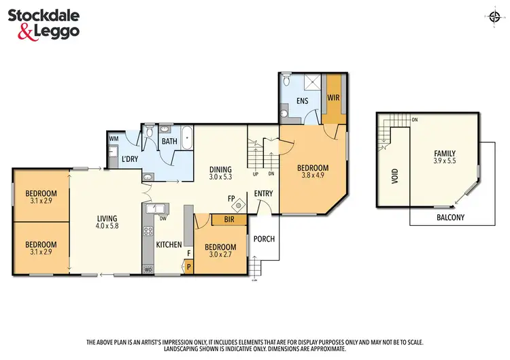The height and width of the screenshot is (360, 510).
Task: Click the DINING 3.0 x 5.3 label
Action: coord(220,174)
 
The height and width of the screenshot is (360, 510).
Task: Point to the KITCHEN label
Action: coord(169,244)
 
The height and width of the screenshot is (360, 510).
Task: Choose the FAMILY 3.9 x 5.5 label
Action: coord(445,158)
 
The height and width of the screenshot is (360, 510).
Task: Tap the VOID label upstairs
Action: coord(394,177)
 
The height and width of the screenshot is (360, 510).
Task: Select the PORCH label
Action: coord(263,239)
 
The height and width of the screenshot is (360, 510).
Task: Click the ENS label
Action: coord(302,101)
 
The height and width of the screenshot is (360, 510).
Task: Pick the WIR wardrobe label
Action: coord(333,97)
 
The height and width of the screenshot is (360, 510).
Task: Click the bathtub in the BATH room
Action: coord(186,136)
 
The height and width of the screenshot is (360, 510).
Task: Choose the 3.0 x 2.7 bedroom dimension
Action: coord(221,255)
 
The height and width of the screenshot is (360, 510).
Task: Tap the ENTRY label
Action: coord(264,193)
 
